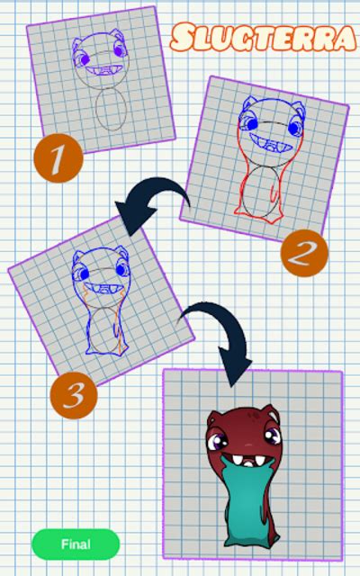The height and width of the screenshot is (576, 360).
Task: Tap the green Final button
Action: click(x=76, y=544)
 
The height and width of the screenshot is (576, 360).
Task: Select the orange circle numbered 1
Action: click(x=58, y=160)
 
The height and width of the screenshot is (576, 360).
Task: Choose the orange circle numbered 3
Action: click(x=75, y=393)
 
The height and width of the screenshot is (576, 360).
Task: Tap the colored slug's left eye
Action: click(x=220, y=441)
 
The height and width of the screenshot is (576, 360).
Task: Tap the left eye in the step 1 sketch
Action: click(x=83, y=59)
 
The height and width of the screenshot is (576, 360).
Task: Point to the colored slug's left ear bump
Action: click(x=214, y=416)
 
